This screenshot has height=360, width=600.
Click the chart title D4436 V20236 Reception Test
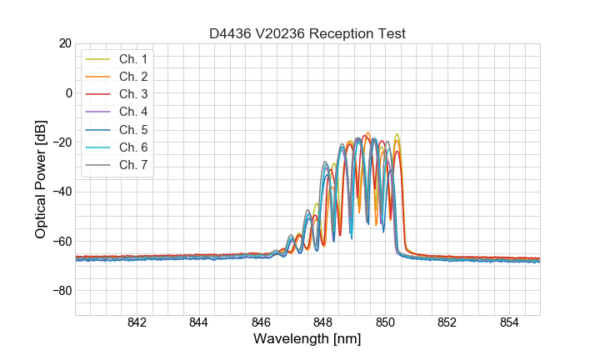(307, 33)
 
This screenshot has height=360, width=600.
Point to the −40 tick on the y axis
(60, 192)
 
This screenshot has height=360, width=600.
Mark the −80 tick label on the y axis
(60, 291)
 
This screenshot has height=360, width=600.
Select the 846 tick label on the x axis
(261, 323)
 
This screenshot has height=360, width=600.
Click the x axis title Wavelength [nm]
(307, 340)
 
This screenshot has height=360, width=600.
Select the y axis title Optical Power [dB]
(41, 179)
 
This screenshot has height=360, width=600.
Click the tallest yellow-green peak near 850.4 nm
(397, 135)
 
